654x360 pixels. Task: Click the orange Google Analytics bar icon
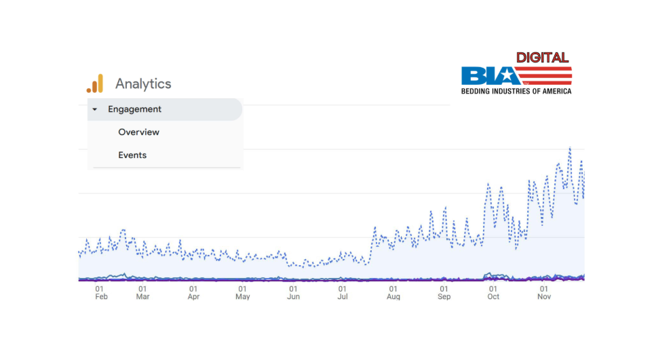pyautogui.click(x=95, y=83)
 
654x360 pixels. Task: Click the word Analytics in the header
pyautogui.click(x=143, y=84)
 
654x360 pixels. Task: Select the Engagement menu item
pyautogui.click(x=135, y=109)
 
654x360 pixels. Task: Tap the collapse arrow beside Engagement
pyautogui.click(x=95, y=109)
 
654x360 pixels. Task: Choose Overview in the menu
pyautogui.click(x=138, y=132)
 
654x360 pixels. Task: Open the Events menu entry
pyautogui.click(x=132, y=155)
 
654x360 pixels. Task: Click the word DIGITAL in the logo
pyautogui.click(x=542, y=58)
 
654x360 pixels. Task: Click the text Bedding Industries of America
pyautogui.click(x=516, y=91)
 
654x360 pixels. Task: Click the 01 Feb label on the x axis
pyautogui.click(x=101, y=292)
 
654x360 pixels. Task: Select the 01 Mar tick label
pyautogui.click(x=142, y=292)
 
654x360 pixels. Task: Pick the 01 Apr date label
pyautogui.click(x=193, y=292)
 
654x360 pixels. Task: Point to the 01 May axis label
pyautogui.click(x=243, y=292)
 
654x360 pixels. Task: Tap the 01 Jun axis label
pyautogui.click(x=293, y=292)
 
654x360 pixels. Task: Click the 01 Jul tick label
pyautogui.click(x=343, y=292)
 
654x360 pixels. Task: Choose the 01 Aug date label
pyautogui.click(x=393, y=292)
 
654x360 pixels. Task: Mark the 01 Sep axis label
pyautogui.click(x=444, y=292)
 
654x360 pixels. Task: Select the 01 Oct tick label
pyautogui.click(x=493, y=292)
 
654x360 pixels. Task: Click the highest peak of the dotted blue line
pyautogui.click(x=570, y=148)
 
